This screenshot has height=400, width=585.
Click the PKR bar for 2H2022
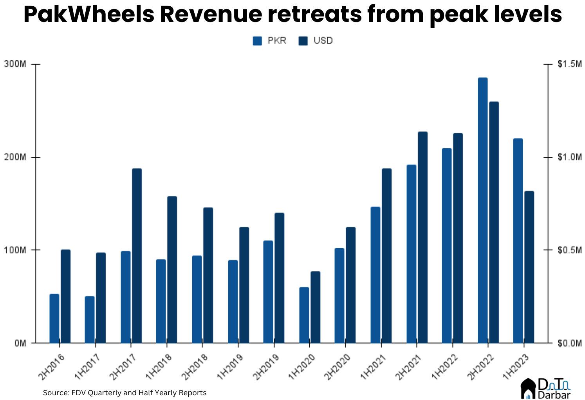pos(482,210)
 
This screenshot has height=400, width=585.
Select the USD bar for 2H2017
pos(137,256)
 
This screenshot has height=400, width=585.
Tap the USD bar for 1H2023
pos(529,267)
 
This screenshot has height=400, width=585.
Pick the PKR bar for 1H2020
pos(304,315)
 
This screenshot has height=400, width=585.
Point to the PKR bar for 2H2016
pos(54,318)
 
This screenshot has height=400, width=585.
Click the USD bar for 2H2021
pos(422,237)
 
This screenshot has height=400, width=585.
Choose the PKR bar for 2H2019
pos(268,292)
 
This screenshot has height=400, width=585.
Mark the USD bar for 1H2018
pos(172,269)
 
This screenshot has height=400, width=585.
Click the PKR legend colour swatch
pos(257,41)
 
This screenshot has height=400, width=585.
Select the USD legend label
pos(323,41)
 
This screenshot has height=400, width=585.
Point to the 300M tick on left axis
pos(35,64)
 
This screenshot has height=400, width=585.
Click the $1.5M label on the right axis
pos(570,64)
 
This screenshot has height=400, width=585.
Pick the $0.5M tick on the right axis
pos(547,250)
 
